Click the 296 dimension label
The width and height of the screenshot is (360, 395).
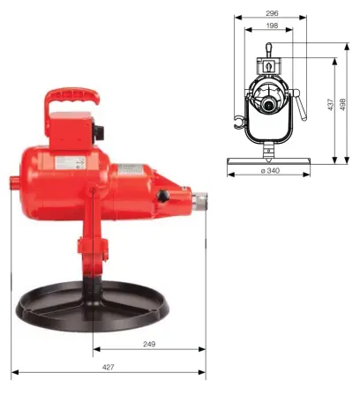(x=272, y=13)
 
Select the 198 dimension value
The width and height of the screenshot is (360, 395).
(x=272, y=26)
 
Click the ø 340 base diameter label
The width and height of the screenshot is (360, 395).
(x=272, y=172)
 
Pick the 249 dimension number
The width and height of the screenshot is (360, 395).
(x=149, y=343)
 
